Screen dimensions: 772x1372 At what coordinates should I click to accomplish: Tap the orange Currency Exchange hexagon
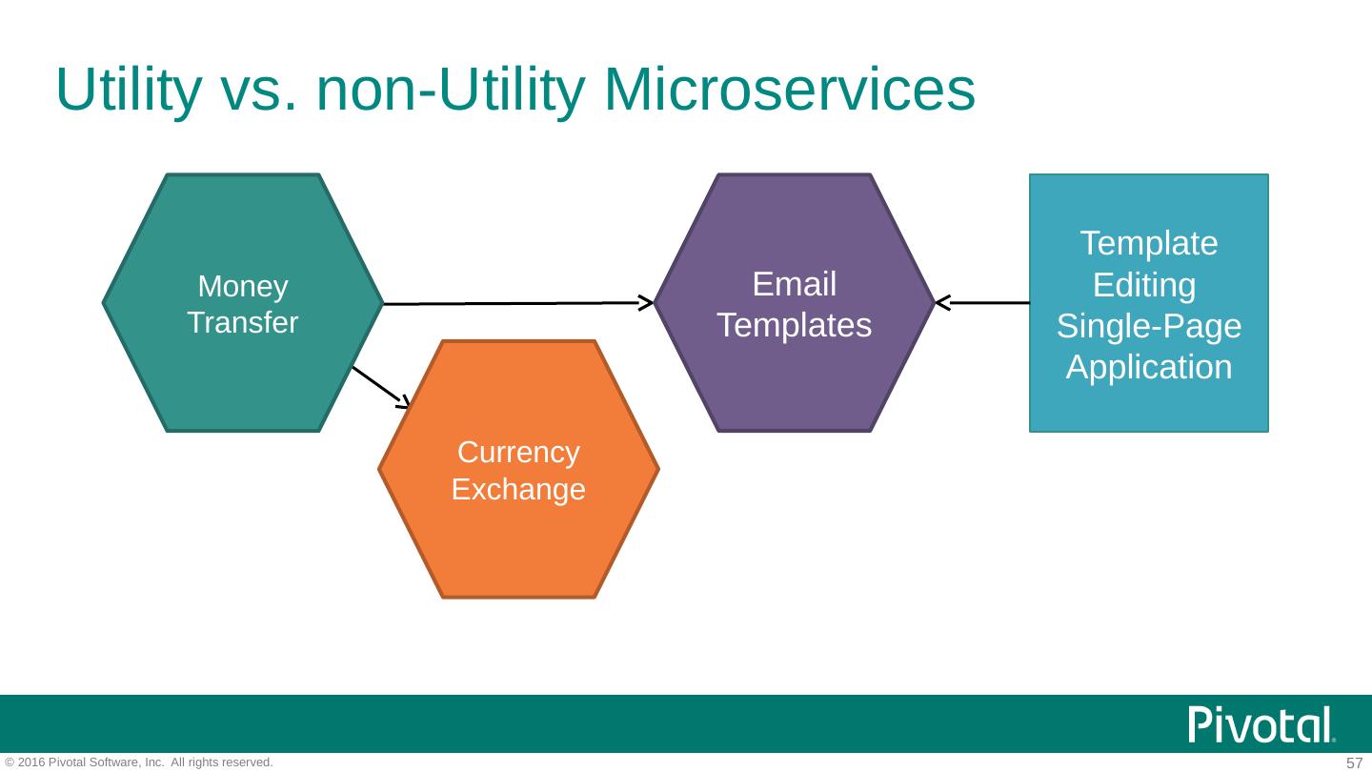click(x=518, y=543)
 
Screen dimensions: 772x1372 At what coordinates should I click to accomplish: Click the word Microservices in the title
click(x=789, y=91)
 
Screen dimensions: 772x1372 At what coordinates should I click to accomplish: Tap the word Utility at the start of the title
click(x=129, y=91)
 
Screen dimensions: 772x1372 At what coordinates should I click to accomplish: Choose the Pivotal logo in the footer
click(x=1261, y=725)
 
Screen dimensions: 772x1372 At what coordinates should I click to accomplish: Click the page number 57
click(x=1354, y=762)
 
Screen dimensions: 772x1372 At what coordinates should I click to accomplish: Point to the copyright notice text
click(x=139, y=762)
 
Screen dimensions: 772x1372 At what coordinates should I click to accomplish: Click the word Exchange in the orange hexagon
click(x=518, y=490)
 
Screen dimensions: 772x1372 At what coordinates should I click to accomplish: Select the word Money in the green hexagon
click(x=243, y=286)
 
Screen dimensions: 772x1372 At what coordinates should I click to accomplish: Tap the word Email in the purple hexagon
click(x=794, y=284)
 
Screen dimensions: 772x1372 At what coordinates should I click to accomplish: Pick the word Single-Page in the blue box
click(x=1149, y=327)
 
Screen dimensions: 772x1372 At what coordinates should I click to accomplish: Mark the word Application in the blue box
click(x=1149, y=367)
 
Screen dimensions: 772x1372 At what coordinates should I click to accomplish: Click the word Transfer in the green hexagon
click(x=243, y=322)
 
